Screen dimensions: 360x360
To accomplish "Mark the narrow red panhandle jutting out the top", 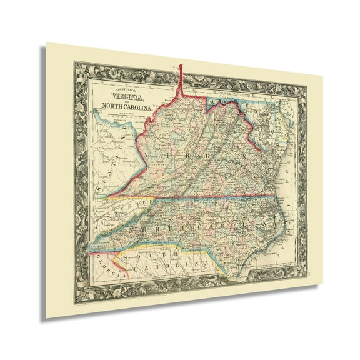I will pyautogui.click(x=180, y=78).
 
